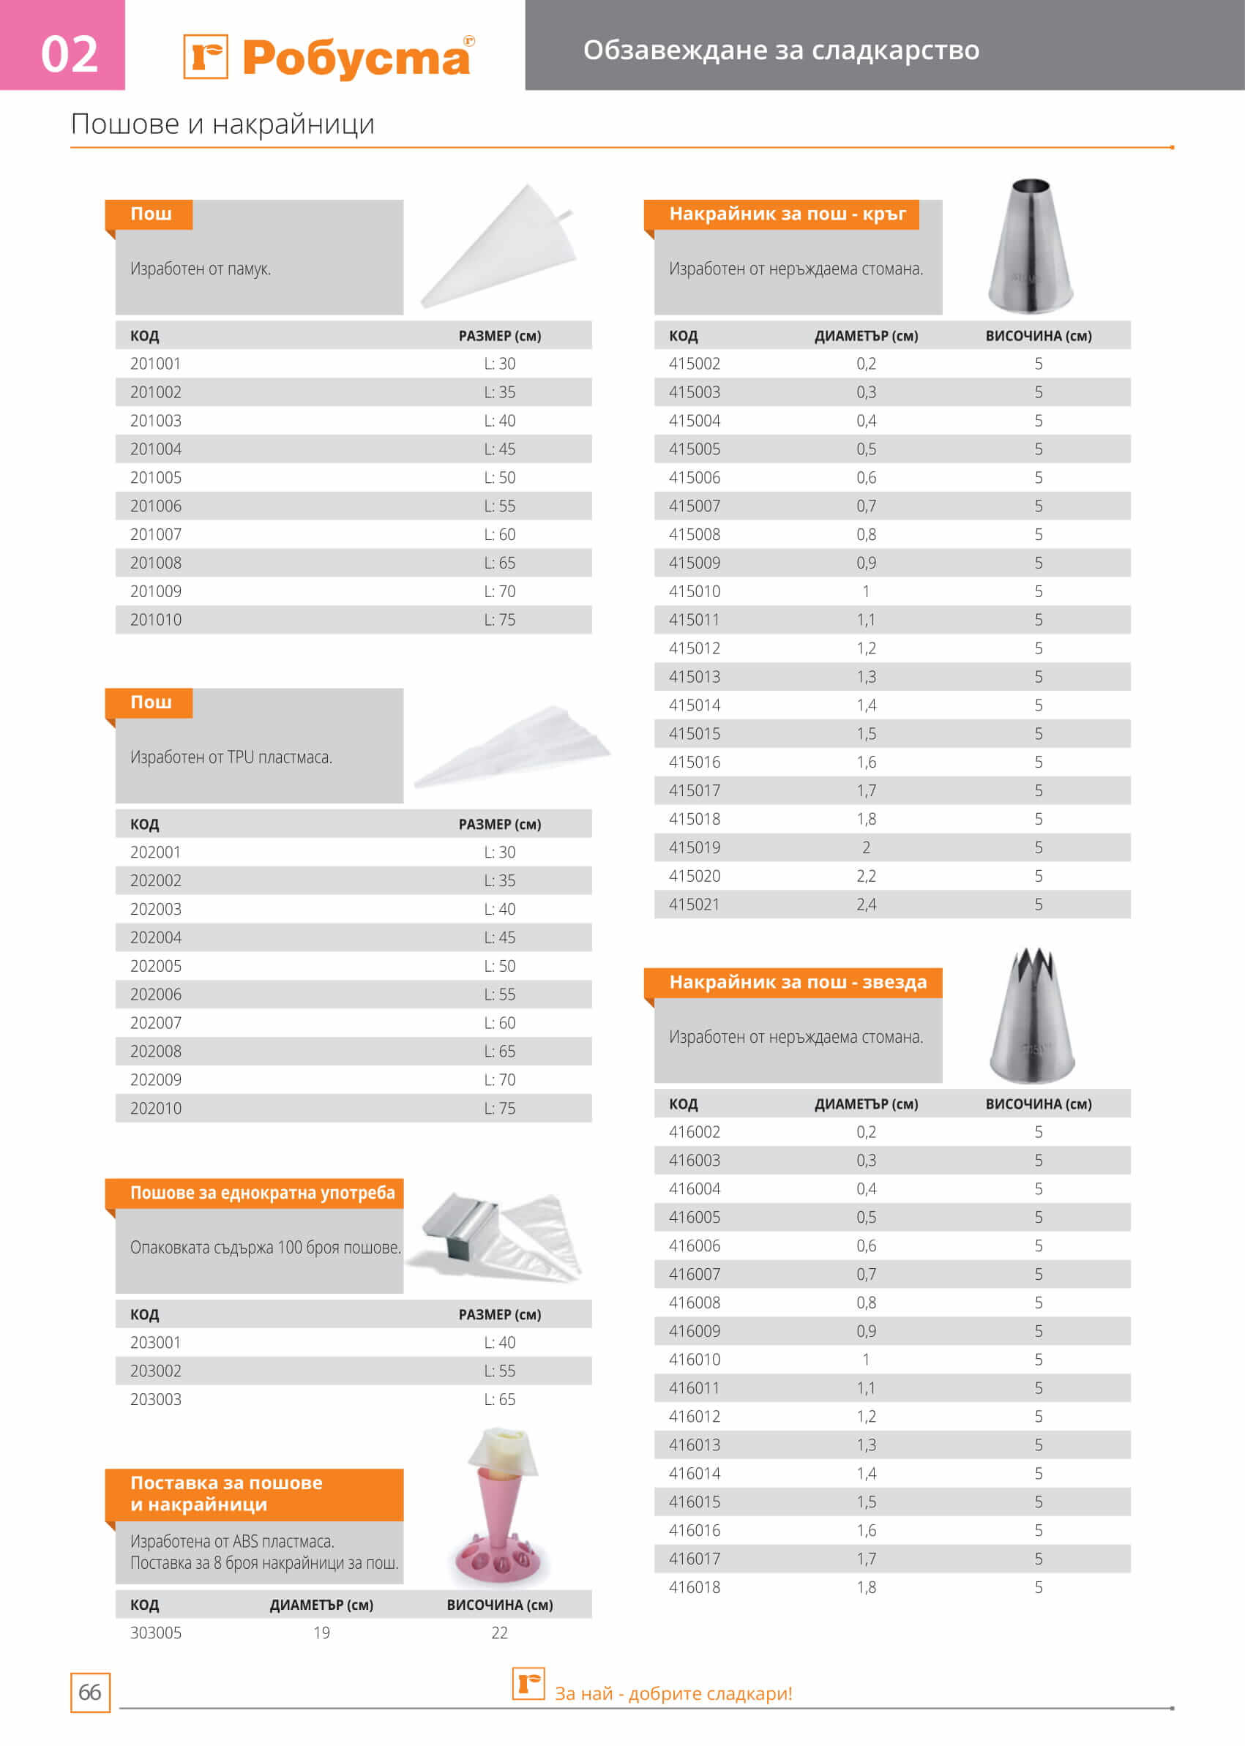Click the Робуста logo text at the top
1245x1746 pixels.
[x=356, y=59]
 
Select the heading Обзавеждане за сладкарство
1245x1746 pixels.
[x=780, y=50]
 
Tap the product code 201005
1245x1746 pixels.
[x=156, y=478]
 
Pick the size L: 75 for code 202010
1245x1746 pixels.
[x=499, y=1109]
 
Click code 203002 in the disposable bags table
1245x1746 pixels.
[x=156, y=1371]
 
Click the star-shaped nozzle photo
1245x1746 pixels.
[x=1032, y=1016]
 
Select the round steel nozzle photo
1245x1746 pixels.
[x=1030, y=245]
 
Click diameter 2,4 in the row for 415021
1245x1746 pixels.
[x=866, y=904]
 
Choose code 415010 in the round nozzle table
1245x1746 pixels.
[x=694, y=592]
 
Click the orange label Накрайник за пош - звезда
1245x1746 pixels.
[x=797, y=983]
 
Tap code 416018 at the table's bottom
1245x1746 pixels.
[x=694, y=1587]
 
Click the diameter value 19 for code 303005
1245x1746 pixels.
[x=321, y=1633]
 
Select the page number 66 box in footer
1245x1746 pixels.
[x=90, y=1693]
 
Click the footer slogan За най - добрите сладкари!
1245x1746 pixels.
[x=673, y=1693]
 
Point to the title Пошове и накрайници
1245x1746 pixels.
[x=223, y=124]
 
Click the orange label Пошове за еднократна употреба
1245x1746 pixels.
[x=262, y=1194]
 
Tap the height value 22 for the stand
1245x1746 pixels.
[x=499, y=1633]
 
